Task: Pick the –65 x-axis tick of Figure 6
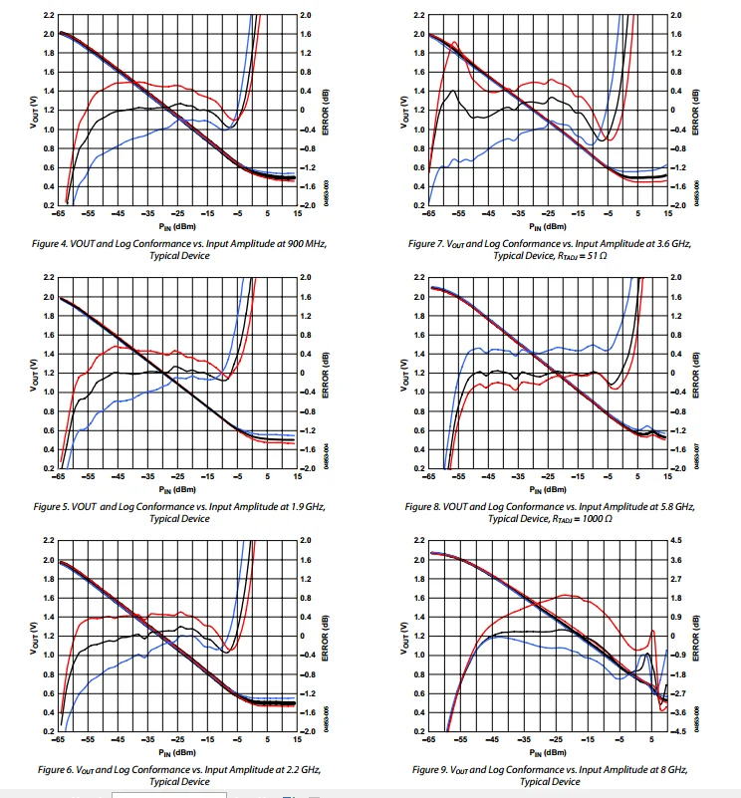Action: click(x=61, y=741)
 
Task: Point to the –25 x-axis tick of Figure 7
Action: click(x=548, y=215)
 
